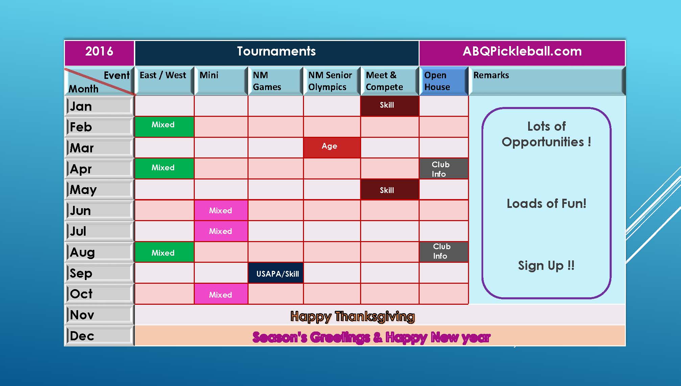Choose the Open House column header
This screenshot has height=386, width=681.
[444, 81]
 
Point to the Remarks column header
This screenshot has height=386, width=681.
[547, 81]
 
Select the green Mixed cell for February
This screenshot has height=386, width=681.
[164, 127]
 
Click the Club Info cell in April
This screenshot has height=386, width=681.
[444, 169]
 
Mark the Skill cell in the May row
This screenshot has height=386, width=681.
[390, 189]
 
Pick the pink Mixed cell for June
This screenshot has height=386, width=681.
[221, 210]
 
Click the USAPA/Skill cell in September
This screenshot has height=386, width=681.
[276, 273]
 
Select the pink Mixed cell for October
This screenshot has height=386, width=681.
[221, 294]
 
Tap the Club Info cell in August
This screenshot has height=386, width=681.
[444, 252]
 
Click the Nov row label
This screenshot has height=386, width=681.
[99, 315]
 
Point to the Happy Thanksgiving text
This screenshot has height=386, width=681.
[352, 316]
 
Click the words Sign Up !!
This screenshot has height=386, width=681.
[546, 265]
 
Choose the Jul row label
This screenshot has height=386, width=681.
[99, 231]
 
